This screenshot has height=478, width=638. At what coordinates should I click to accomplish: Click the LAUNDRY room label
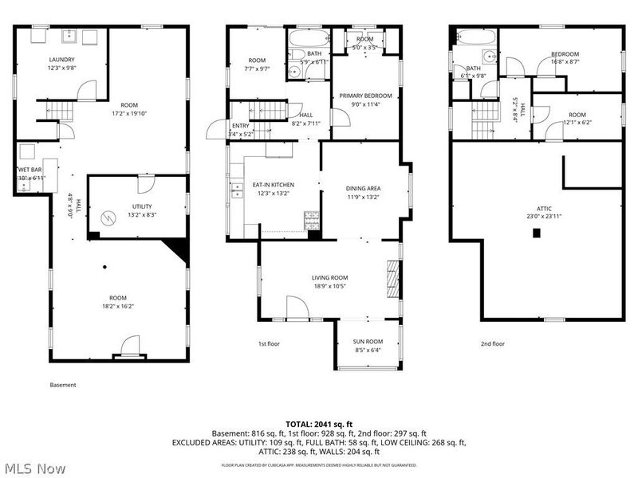tap(61, 60)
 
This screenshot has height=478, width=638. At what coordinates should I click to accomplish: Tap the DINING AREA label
tap(363, 189)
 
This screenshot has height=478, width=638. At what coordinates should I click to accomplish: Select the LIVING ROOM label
tap(329, 277)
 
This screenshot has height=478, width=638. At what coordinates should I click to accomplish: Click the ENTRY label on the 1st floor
tap(240, 125)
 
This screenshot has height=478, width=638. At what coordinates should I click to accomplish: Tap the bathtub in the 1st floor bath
tap(306, 39)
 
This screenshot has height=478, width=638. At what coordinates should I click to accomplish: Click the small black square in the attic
tap(537, 233)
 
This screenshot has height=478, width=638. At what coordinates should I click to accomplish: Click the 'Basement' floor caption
tap(63, 385)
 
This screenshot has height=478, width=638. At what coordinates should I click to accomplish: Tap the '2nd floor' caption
tap(492, 344)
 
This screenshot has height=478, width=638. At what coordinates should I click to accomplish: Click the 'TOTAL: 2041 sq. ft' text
tap(319, 424)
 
